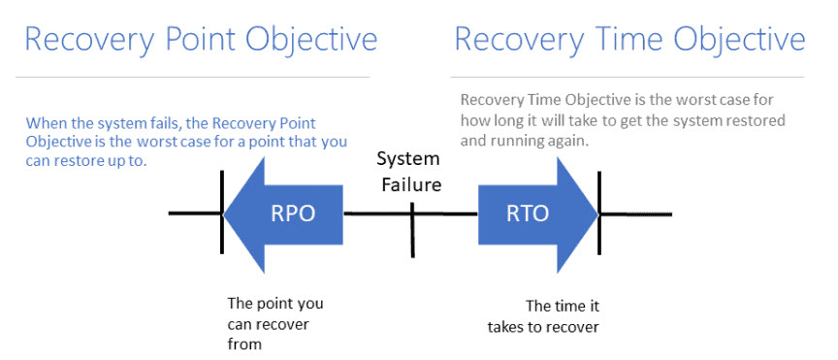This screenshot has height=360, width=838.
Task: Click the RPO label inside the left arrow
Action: coord(293,213)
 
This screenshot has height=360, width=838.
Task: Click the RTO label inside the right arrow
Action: coord(527,213)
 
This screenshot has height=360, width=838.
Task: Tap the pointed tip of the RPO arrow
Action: coord(223,214)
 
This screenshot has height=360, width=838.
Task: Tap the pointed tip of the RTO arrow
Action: coord(598,214)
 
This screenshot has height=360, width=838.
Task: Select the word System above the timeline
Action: coord(408,159)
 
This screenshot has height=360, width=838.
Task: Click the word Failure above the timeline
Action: coord(409,184)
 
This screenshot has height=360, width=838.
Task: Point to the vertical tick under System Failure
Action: coord(412,230)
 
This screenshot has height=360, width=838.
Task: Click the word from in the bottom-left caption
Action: coord(244,344)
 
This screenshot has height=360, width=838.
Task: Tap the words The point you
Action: coord(275,305)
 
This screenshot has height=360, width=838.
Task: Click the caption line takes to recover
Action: coord(543,326)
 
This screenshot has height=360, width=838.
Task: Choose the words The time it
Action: coord(563,306)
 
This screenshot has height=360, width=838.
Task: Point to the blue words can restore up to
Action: coord(86,161)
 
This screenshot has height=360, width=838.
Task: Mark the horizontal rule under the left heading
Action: coord(192,77)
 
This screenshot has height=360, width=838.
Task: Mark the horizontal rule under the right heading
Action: coord(628,77)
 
